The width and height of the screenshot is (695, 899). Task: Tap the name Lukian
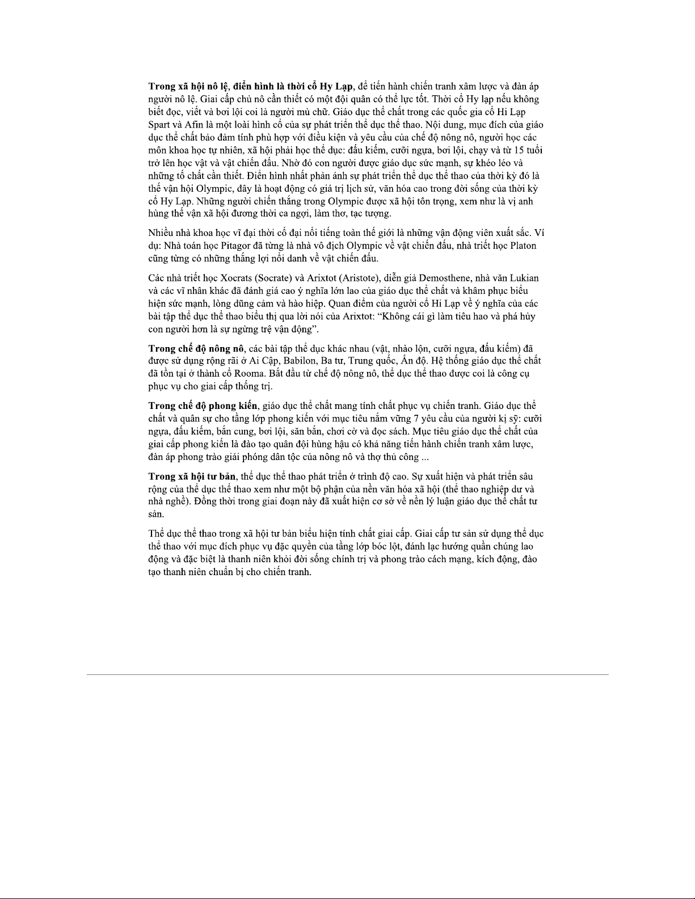525,278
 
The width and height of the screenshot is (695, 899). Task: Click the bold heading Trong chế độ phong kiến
203,406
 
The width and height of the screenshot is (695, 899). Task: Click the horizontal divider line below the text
347,674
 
